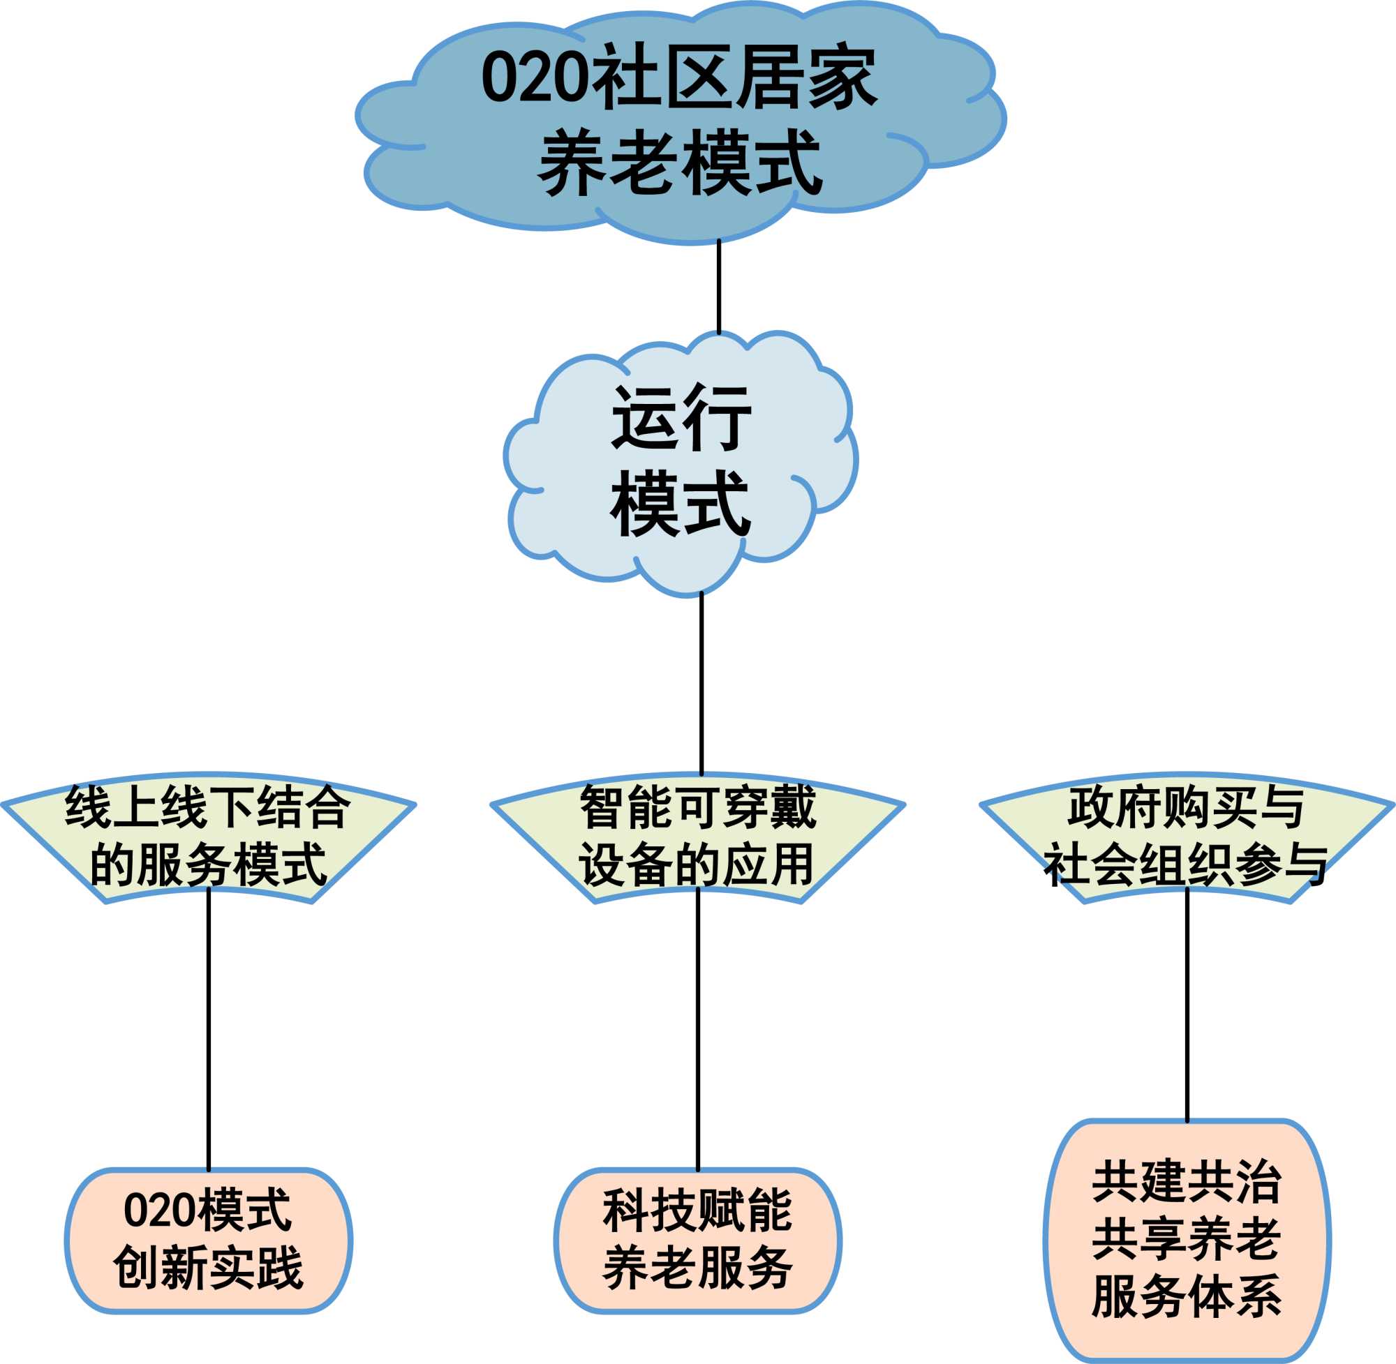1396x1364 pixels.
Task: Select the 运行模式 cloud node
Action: [681, 465]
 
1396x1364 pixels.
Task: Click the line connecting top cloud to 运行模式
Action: [719, 287]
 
